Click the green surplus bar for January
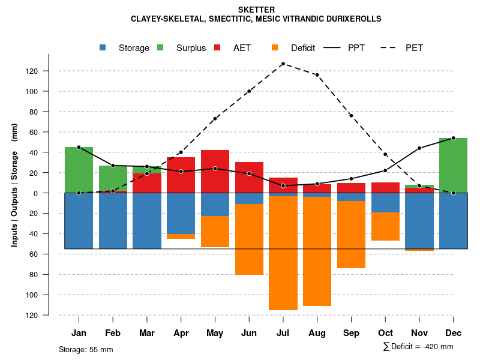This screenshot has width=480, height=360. pyautogui.click(x=79, y=170)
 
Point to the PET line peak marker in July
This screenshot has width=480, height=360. pyautogui.click(x=283, y=64)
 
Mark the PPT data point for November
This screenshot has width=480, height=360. pyautogui.click(x=419, y=148)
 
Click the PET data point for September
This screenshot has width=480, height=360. pyautogui.click(x=351, y=115)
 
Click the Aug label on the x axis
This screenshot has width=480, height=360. pyautogui.click(x=317, y=333)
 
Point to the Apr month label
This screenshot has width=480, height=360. pyautogui.click(x=181, y=333)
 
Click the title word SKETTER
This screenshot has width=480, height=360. pyautogui.click(x=256, y=10)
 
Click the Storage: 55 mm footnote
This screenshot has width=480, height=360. pyautogui.click(x=86, y=349)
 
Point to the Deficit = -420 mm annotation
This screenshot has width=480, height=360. pyautogui.click(x=418, y=347)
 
